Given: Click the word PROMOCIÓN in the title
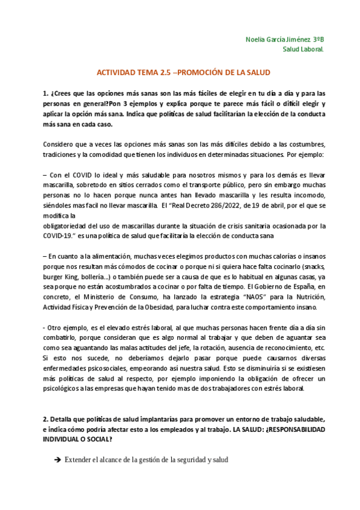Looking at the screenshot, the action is pyautogui.click(x=203, y=72).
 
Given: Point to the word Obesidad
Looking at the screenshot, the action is pyautogui.click(x=175, y=307).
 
